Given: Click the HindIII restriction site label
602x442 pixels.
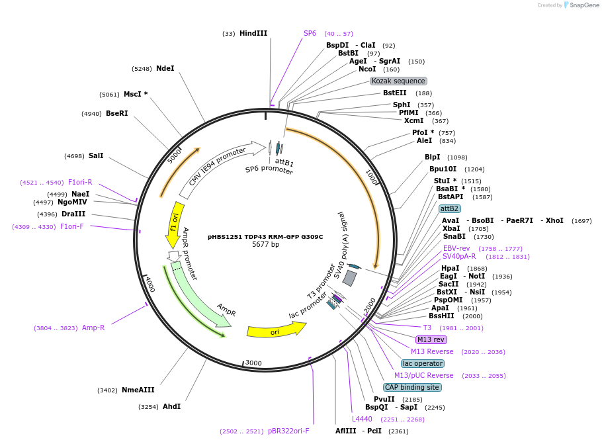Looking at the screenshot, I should coord(253,33).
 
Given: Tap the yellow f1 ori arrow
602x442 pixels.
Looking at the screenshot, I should coord(174,224).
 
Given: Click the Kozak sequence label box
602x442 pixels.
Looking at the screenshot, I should coord(398,81).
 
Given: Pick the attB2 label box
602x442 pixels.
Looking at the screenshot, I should coord(449,208).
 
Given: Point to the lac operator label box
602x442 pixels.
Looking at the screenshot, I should coord(423,363).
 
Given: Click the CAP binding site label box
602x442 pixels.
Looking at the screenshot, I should coord(412,387).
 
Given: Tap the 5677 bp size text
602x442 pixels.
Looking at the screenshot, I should coord(265,245).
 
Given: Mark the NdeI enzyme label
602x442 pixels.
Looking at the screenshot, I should coord(165,68).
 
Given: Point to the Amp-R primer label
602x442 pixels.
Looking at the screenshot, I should coord(93,328).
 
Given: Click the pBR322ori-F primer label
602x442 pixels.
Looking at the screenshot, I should coord(288,431).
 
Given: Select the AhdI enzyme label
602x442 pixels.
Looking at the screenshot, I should coord(171,406).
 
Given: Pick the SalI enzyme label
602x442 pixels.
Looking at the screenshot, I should coord(96,156).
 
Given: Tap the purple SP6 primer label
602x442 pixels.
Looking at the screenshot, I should coord(310,33).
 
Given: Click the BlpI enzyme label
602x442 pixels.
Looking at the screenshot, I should coord(432,157).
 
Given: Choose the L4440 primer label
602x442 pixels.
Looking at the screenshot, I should coord(363,419).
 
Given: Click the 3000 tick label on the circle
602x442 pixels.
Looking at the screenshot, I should coord(254,363).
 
